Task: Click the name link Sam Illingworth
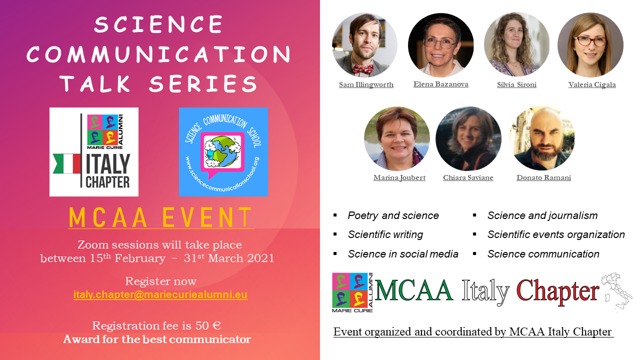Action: (366, 85)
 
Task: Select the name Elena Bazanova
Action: (441, 84)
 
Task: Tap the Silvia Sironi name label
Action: (516, 85)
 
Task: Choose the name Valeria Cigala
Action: (592, 85)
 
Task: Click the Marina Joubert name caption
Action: (399, 177)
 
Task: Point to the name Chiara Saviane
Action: (468, 177)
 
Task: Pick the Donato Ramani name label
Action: (543, 177)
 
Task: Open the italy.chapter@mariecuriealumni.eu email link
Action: (160, 294)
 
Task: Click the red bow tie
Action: (363, 69)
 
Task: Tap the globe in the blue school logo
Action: (222, 151)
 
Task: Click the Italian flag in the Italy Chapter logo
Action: (67, 163)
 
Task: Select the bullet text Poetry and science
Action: (393, 215)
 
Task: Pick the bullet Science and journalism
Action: (542, 215)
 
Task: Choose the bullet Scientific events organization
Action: (556, 234)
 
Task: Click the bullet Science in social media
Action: (403, 254)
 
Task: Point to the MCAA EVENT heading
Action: (161, 217)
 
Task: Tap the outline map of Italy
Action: (616, 292)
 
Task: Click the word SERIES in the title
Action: (203, 84)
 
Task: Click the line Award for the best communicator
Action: (157, 339)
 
